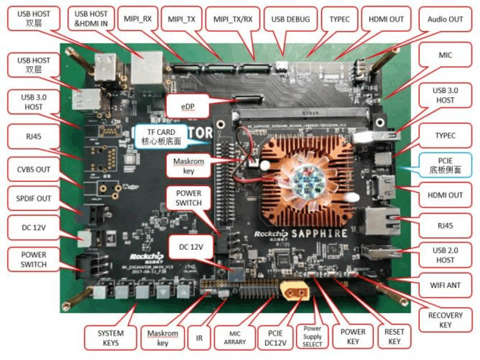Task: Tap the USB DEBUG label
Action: click(x=290, y=19)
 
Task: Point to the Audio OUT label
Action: click(x=445, y=19)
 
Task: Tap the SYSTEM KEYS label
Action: click(x=111, y=338)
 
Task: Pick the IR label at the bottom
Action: click(x=199, y=338)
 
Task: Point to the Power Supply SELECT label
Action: click(x=313, y=337)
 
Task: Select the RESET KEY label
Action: click(x=394, y=337)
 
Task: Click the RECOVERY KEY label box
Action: click(x=445, y=320)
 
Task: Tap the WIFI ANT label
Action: click(x=445, y=285)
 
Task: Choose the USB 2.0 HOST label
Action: click(x=445, y=255)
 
